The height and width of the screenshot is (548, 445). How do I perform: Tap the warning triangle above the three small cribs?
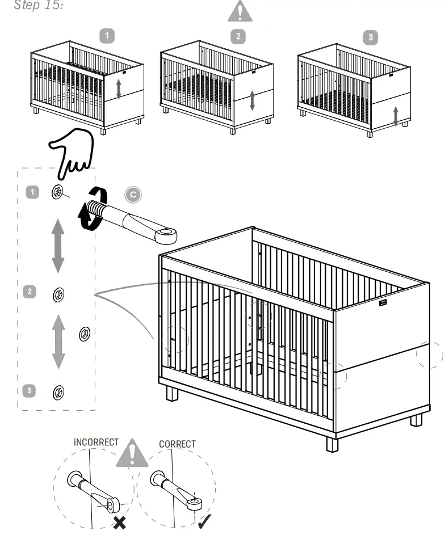[x=241, y=12]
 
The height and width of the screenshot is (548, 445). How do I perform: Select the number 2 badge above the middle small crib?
[x=238, y=36]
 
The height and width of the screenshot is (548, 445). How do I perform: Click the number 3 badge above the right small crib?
[x=371, y=37]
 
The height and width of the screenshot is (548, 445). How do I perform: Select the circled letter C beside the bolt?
[x=133, y=195]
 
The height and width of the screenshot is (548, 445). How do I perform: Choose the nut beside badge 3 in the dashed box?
[x=57, y=391]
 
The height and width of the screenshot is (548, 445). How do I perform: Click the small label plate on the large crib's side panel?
[x=383, y=303]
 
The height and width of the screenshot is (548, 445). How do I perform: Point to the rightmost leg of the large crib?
[x=416, y=420]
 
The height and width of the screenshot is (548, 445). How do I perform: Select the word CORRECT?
[x=177, y=444]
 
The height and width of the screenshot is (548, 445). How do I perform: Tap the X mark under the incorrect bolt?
[x=120, y=522]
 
